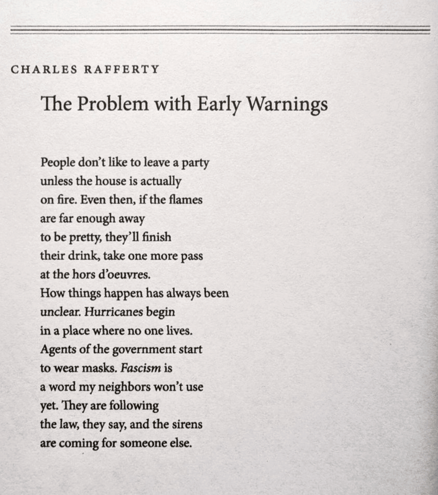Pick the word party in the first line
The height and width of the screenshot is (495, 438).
195,163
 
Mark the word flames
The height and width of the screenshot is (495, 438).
187,200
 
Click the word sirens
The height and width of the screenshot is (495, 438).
187,424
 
